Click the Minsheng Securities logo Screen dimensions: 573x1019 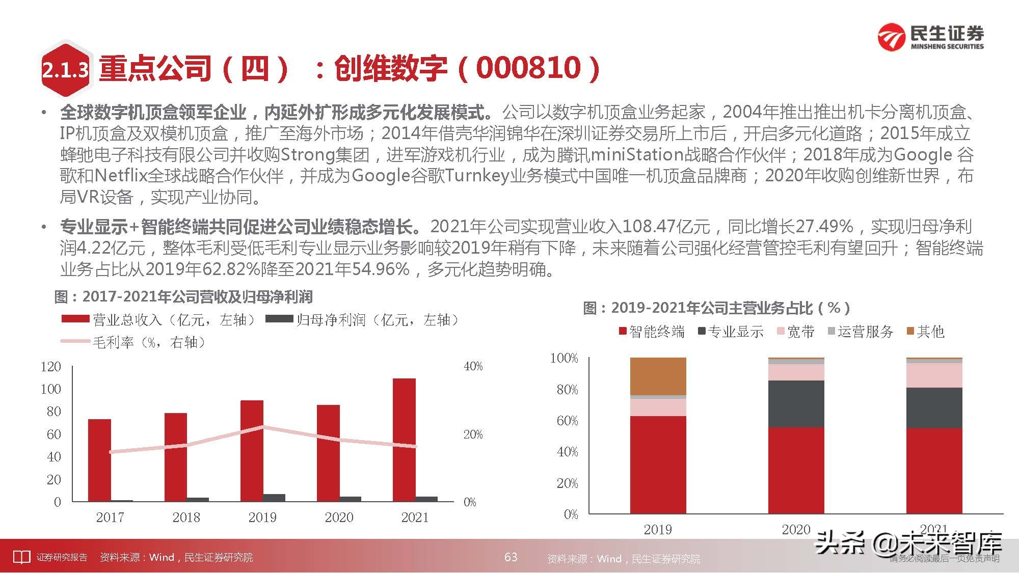[930, 38]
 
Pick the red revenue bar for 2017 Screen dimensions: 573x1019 [99, 460]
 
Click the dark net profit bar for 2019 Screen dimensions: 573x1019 [274, 498]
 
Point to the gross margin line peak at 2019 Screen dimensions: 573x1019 [262, 426]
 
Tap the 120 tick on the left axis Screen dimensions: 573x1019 [51, 367]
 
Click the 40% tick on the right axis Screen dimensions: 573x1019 [473, 366]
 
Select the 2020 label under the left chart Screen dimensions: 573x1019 [339, 517]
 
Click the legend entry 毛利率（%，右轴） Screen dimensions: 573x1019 [148, 342]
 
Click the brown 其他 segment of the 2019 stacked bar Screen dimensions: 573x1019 [658, 376]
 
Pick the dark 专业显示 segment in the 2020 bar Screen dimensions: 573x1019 [796, 403]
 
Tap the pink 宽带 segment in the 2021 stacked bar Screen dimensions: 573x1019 [934, 375]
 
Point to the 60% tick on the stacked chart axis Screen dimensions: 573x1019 [567, 421]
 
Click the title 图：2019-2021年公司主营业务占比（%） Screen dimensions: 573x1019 [716, 308]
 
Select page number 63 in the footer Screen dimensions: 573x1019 [511, 557]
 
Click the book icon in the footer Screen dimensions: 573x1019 [21, 557]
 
